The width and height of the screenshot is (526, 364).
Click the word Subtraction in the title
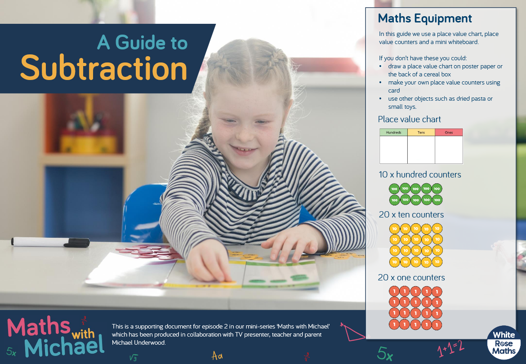(104, 68)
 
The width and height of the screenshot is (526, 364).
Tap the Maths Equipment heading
(425, 19)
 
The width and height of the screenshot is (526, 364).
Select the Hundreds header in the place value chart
(393, 133)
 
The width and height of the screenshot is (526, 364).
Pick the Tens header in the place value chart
(421, 133)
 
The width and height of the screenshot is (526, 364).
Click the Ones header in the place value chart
(449, 133)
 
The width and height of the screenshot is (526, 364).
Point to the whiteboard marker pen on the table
(50, 242)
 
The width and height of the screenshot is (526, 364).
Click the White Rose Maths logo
(504, 342)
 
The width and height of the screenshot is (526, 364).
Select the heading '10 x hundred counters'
(419, 175)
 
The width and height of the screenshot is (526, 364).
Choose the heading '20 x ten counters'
(411, 214)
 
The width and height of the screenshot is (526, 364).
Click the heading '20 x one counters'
(411, 278)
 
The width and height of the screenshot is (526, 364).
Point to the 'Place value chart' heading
(409, 120)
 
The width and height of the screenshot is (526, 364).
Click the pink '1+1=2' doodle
(451, 349)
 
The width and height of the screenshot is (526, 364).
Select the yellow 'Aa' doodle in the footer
(217, 355)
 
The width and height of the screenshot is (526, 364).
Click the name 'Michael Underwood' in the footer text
(138, 342)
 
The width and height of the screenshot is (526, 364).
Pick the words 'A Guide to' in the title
(142, 43)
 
